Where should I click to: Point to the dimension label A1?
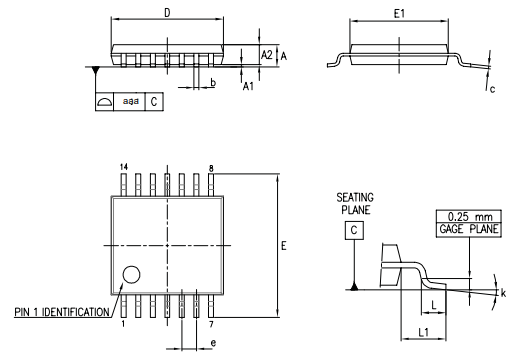point(250,87)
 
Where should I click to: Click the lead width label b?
point(213,83)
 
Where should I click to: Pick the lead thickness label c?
point(493,90)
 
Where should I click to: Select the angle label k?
point(503,293)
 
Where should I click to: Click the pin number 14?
point(124,166)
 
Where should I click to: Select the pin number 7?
point(212,324)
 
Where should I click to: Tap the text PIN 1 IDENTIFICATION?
point(62,312)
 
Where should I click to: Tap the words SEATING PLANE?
point(355,204)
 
